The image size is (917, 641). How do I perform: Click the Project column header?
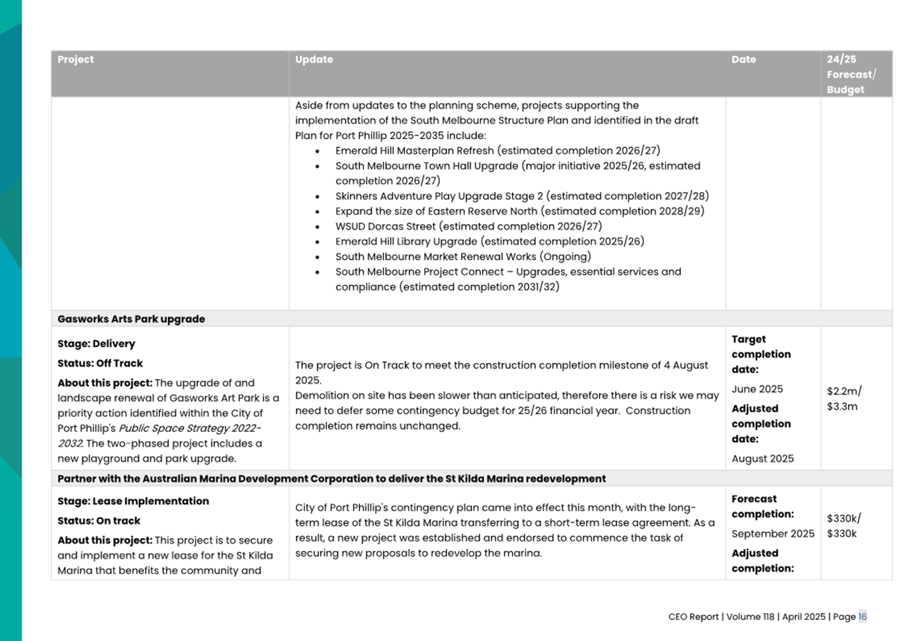click(x=76, y=60)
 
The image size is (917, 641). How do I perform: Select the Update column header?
click(x=314, y=60)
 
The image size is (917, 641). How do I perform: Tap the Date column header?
click(x=743, y=60)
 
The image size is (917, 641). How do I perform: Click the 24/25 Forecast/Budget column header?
click(x=851, y=74)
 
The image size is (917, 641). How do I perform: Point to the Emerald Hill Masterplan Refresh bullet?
click(x=497, y=151)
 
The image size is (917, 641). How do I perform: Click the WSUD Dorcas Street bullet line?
click(x=468, y=226)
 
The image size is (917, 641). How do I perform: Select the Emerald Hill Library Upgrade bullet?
click(x=489, y=241)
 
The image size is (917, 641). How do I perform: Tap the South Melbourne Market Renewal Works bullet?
click(x=463, y=257)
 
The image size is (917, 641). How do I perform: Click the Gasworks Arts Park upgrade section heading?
click(x=131, y=319)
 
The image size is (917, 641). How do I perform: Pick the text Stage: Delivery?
click(x=96, y=344)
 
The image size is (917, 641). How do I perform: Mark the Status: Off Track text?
click(x=100, y=364)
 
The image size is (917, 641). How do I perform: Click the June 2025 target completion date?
click(x=757, y=389)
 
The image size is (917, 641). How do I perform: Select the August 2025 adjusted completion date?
click(x=762, y=458)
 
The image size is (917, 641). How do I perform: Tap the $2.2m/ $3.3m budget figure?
click(x=844, y=398)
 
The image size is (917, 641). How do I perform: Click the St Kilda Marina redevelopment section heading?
click(x=332, y=479)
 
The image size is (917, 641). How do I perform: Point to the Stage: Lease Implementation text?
click(x=133, y=501)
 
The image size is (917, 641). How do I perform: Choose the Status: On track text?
click(x=99, y=521)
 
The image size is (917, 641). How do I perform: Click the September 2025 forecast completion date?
click(x=773, y=533)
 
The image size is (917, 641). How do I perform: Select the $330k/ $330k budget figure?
click(x=844, y=526)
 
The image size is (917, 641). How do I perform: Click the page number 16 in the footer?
click(x=862, y=616)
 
